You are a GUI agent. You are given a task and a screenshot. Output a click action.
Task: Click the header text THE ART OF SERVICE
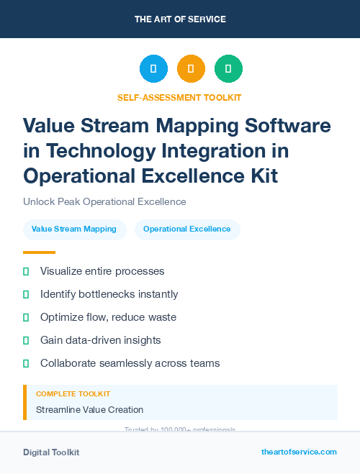[x=180, y=19]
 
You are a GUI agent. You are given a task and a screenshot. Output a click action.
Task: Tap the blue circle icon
[x=153, y=69]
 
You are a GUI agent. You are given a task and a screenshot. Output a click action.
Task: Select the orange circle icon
[x=191, y=69]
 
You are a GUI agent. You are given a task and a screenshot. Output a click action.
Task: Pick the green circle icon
[x=228, y=69]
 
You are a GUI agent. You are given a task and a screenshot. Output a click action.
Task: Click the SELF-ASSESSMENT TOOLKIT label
[x=179, y=97]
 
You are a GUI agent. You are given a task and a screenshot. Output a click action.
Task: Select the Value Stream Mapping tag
[x=74, y=229]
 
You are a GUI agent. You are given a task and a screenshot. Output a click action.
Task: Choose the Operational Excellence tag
[x=187, y=229]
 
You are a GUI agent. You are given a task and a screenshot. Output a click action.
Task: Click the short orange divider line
[x=39, y=252]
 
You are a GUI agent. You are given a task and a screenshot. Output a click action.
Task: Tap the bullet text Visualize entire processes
[x=102, y=271]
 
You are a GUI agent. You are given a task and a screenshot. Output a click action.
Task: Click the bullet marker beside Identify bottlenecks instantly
[x=26, y=294]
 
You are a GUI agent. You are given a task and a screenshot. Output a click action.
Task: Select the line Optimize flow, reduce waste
[x=108, y=317]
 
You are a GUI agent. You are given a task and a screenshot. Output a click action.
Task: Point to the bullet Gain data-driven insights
[x=100, y=340]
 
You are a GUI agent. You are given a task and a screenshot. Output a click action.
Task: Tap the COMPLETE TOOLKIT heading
[x=73, y=394]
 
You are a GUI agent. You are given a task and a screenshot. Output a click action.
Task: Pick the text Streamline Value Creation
[x=89, y=409]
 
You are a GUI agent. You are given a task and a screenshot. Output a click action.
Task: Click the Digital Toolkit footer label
[x=51, y=452]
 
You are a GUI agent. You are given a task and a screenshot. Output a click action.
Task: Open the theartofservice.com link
[x=299, y=452]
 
